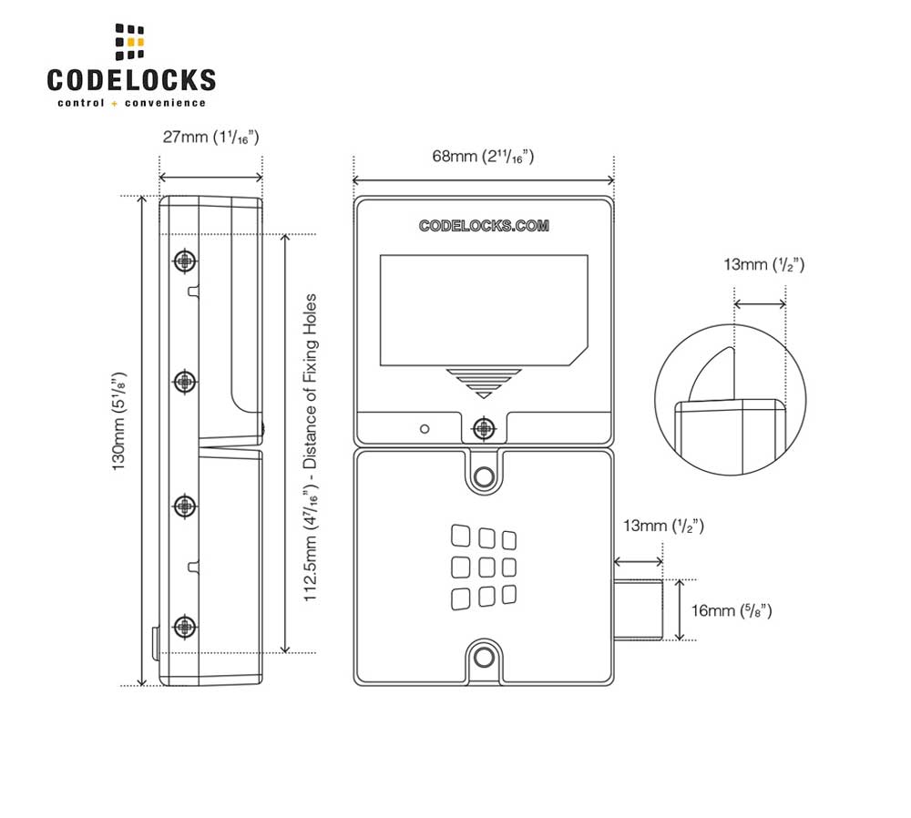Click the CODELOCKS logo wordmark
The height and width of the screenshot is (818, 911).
click(x=131, y=79)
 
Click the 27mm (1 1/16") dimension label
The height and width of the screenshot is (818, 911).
click(x=210, y=138)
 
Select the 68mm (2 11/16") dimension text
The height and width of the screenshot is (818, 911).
click(x=483, y=156)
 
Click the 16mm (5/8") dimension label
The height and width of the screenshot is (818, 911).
click(x=732, y=610)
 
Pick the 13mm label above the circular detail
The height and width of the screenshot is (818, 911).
click(x=763, y=265)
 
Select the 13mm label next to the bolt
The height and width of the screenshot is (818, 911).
click(x=662, y=526)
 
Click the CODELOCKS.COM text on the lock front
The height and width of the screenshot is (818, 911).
click(x=484, y=226)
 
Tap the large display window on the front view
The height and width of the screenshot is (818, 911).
click(x=483, y=310)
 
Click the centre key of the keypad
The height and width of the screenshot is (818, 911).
click(x=484, y=567)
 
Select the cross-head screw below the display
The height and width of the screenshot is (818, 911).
click(x=484, y=426)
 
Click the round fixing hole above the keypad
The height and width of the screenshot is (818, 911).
click(x=484, y=475)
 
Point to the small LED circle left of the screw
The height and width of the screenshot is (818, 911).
click(x=424, y=428)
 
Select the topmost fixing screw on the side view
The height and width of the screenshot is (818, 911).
click(x=185, y=261)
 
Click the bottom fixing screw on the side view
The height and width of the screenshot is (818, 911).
click(x=185, y=626)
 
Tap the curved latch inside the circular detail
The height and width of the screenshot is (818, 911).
click(x=711, y=375)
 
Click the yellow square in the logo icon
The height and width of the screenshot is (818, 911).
click(x=137, y=42)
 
